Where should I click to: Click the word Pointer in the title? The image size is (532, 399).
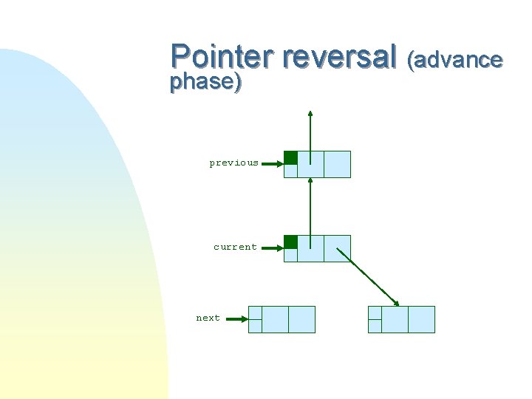point(222,57)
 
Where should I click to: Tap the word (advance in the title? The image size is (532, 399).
point(455,59)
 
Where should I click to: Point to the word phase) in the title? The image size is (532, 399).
point(205,82)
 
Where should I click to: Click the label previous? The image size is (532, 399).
point(233,163)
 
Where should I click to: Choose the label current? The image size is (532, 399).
point(235,247)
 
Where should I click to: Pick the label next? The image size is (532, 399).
point(208,318)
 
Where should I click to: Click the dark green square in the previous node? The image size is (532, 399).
point(291,157)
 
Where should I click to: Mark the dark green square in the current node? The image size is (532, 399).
point(291,242)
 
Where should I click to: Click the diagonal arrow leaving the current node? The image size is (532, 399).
point(368,276)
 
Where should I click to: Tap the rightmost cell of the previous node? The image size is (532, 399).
point(337,164)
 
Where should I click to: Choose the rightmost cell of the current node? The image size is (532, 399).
point(337,248)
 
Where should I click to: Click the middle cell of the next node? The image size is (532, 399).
point(275,319)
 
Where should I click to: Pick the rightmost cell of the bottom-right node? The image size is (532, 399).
point(421,319)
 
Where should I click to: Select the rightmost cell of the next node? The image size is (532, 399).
point(301,319)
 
